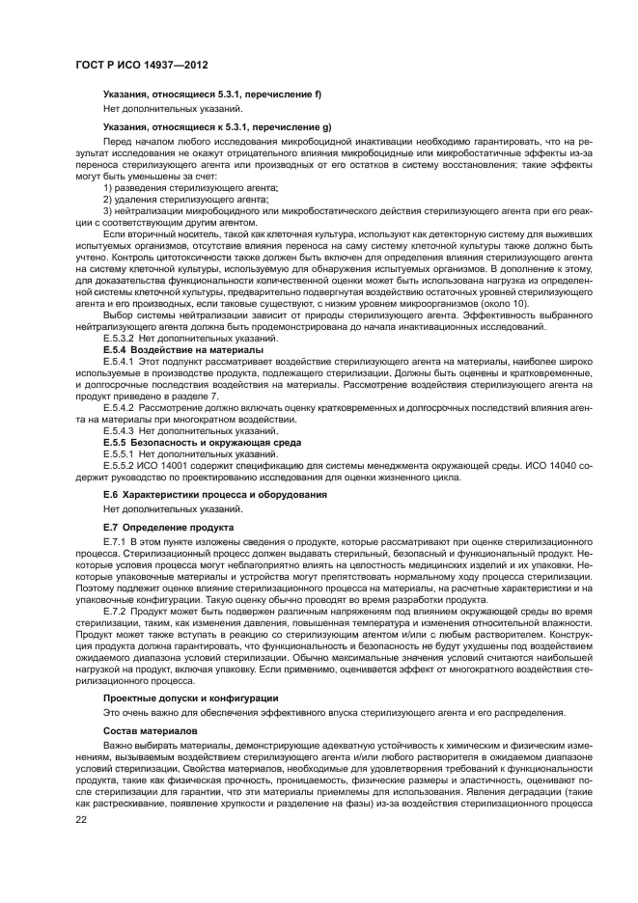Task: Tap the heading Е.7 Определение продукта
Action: point(168,528)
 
